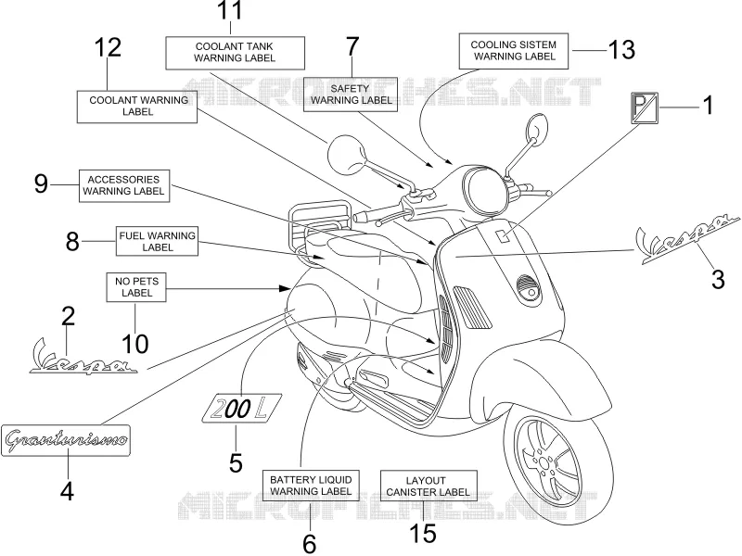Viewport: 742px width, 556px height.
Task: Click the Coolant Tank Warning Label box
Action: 235,53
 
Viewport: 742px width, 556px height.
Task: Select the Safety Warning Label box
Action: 351,95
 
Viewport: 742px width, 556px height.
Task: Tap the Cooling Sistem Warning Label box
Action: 514,51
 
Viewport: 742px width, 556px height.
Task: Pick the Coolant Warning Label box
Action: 136,107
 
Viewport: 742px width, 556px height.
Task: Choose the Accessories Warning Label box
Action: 124,186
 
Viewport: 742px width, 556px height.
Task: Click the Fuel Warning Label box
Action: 157,241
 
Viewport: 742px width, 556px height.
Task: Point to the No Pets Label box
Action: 136,287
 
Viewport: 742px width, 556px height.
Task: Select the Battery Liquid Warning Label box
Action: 311,486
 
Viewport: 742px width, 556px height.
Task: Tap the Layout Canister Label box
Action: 429,486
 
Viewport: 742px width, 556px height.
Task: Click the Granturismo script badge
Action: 65,440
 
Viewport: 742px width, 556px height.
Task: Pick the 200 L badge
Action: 241,408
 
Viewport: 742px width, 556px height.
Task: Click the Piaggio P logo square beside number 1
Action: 645,107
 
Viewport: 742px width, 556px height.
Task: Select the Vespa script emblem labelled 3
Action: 685,239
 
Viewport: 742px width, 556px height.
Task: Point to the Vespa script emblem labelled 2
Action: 83,359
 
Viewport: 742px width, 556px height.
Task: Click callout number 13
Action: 620,50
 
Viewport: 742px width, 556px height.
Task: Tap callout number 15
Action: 423,534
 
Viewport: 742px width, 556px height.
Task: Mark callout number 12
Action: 108,47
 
